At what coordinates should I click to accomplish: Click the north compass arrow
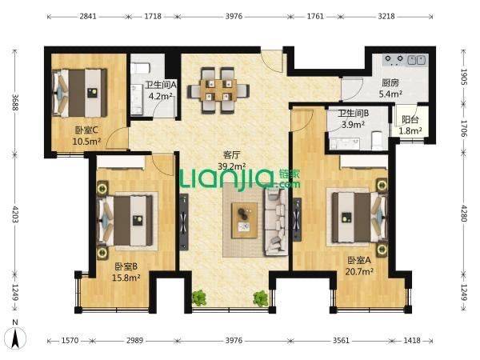click(15, 337)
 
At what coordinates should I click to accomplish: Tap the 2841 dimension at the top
click(88, 16)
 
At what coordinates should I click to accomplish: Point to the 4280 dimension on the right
click(464, 214)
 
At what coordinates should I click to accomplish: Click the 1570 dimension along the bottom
click(70, 341)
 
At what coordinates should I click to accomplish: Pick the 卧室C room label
click(86, 130)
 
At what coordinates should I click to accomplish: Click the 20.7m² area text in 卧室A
click(359, 271)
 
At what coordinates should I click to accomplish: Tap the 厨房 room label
click(390, 82)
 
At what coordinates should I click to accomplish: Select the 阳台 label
click(410, 119)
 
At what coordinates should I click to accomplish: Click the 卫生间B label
click(354, 114)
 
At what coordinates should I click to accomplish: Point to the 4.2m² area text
click(161, 96)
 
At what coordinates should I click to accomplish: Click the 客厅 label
click(231, 155)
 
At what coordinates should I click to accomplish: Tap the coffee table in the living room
click(244, 220)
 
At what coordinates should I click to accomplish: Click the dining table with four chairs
click(218, 90)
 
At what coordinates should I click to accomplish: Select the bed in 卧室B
click(125, 221)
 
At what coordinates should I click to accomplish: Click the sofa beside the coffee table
click(275, 222)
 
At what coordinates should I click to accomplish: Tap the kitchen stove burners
click(394, 59)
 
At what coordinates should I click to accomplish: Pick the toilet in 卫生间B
click(376, 140)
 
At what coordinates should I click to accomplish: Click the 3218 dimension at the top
click(386, 16)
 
